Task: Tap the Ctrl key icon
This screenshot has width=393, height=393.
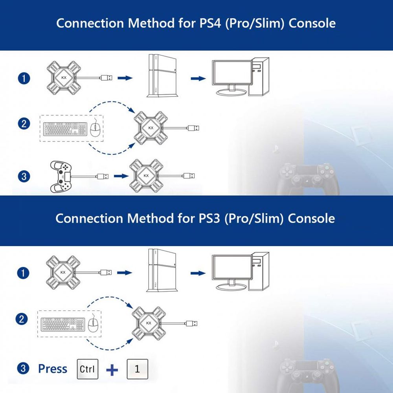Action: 87,369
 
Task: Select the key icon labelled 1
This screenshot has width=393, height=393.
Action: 137,369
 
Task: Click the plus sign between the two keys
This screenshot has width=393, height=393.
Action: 112,370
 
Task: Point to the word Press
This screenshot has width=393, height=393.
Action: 53,369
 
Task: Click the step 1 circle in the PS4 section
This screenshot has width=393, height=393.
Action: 24,78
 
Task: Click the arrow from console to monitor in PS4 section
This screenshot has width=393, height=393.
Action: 198,79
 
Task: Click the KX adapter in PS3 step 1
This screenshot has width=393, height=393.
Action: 63,272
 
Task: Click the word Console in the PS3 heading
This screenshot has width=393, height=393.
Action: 311,219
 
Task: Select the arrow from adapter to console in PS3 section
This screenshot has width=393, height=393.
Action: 125,272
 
